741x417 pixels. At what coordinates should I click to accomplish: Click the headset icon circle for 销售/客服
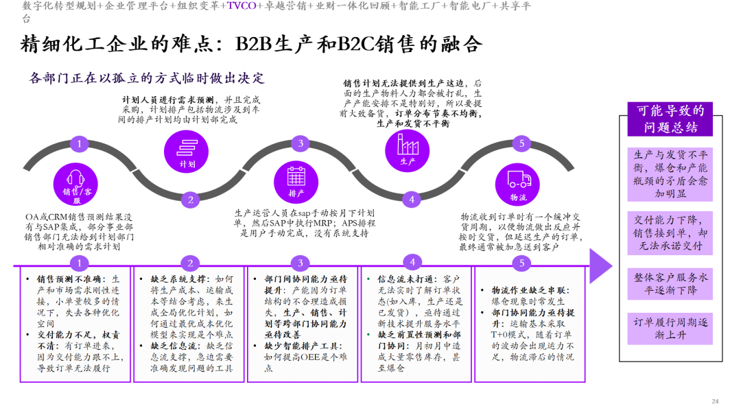point(75,184)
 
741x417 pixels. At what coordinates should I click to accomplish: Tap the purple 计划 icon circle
point(186,152)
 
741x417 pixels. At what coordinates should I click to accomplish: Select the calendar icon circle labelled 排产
point(296,182)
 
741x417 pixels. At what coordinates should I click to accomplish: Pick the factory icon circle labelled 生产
point(407,151)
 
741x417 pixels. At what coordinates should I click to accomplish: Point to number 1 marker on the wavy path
point(80,143)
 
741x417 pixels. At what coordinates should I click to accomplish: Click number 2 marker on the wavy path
point(191,200)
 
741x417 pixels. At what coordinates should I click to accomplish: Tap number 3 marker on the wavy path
point(301,143)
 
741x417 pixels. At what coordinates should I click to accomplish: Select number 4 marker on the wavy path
point(412,200)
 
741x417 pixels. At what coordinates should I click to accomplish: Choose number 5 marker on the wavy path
point(521,143)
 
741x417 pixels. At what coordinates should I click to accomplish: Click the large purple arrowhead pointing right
point(601,266)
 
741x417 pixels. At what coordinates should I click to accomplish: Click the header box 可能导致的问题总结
point(670,119)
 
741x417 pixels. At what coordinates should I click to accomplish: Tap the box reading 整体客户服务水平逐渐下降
point(670,284)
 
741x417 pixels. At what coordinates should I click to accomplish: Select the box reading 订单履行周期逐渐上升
point(670,329)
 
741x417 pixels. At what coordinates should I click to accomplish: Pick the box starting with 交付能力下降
point(670,233)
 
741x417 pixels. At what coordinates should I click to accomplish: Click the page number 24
point(715,401)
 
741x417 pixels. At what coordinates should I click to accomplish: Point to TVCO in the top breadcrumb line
point(242,5)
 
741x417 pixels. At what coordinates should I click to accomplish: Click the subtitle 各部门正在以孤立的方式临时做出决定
point(147,78)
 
